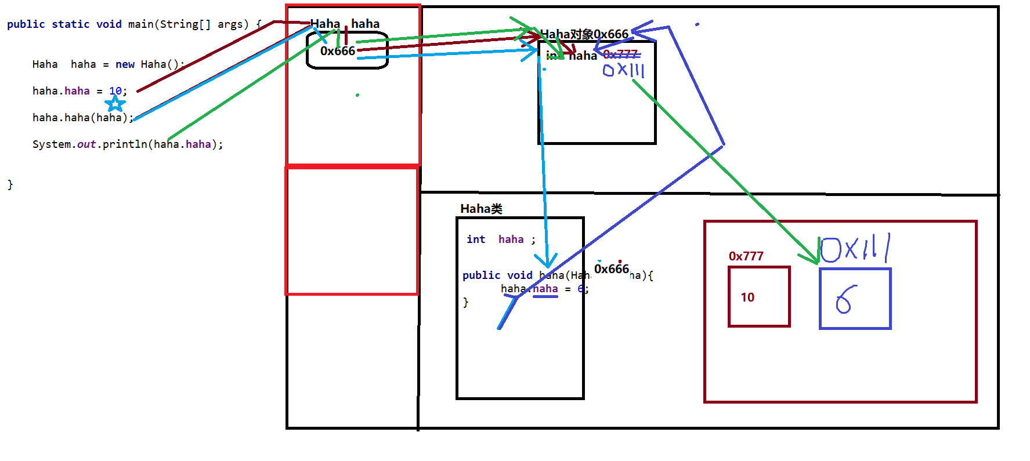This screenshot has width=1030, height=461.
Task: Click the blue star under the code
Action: [115, 104]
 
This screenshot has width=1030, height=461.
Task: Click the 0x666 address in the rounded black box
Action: [338, 51]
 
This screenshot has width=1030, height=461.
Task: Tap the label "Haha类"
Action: [481, 209]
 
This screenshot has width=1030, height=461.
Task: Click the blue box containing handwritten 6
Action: [855, 299]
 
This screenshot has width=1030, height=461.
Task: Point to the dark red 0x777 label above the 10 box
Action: [746, 256]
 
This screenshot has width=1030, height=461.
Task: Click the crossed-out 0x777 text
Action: [620, 55]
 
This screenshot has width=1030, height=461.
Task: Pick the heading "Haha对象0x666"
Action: [584, 34]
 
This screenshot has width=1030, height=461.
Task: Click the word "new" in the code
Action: [125, 64]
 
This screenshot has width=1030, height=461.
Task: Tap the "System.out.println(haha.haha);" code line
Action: [127, 144]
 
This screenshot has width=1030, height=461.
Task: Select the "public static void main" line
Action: [134, 24]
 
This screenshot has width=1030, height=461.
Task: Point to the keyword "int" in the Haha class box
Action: [476, 239]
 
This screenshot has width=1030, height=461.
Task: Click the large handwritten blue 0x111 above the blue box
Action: [855, 249]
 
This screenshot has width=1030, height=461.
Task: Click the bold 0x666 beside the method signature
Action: [611, 269]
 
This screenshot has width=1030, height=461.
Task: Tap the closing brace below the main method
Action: [10, 184]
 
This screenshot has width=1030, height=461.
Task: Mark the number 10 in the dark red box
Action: [747, 297]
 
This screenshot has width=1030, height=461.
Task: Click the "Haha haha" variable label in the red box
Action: [345, 24]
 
